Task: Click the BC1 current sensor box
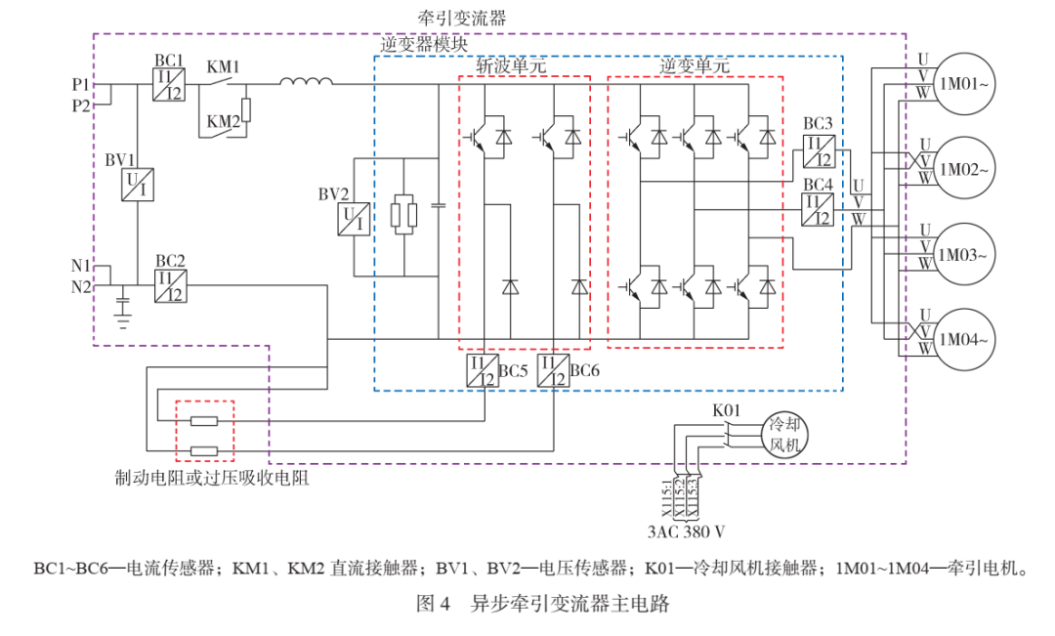click(169, 85)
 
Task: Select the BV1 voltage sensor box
click(138, 185)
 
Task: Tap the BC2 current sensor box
click(170, 286)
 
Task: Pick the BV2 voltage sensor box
click(354, 219)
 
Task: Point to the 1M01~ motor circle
click(964, 83)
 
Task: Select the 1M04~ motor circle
click(964, 339)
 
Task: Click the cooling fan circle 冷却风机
click(784, 435)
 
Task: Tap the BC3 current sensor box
click(819, 151)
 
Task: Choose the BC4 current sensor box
click(818, 209)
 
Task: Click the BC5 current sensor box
click(484, 371)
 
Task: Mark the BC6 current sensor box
click(553, 371)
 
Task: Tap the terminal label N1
click(81, 266)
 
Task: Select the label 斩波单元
click(511, 66)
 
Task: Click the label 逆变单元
click(695, 66)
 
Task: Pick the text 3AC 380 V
click(687, 531)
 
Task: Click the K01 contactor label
click(726, 410)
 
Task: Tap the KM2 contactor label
click(223, 122)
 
